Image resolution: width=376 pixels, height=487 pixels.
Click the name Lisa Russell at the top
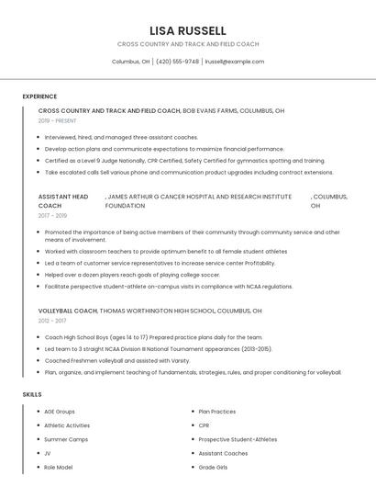[188, 30]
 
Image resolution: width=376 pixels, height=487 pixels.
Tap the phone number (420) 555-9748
[177, 62]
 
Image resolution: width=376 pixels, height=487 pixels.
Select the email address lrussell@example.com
[235, 62]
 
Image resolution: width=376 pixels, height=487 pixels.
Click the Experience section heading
[39, 96]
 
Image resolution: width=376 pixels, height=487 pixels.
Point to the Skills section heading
[32, 394]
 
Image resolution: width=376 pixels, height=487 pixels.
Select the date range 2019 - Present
[58, 120]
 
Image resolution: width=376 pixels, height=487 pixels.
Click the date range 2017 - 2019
[52, 215]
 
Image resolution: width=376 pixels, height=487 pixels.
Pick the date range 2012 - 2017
[52, 321]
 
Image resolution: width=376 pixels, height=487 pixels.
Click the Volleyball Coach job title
[67, 311]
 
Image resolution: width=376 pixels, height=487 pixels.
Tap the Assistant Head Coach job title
[63, 200]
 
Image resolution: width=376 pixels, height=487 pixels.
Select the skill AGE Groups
[60, 412]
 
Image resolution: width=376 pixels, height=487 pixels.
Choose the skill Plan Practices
[217, 412]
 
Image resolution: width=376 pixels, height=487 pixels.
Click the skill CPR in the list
[205, 425]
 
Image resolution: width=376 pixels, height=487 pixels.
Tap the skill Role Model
[59, 467]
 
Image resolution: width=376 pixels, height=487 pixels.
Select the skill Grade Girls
[214, 467]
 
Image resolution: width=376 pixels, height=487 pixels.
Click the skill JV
[48, 453]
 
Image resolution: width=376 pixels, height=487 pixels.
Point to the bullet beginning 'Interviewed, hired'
[121, 137]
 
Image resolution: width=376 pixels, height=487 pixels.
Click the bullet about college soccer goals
[132, 275]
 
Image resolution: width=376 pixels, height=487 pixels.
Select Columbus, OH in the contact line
[130, 62]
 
